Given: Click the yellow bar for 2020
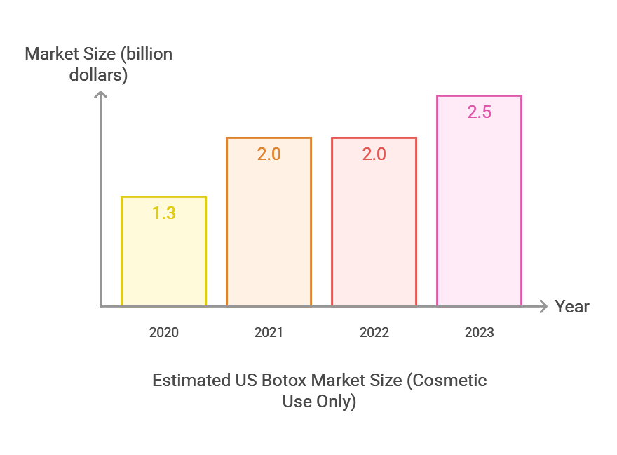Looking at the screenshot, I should pyautogui.click(x=163, y=260).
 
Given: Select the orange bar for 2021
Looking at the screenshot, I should pyautogui.click(x=269, y=232).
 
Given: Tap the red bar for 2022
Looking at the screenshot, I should pyautogui.click(x=374, y=232).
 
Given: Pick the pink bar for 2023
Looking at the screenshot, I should pyautogui.click(x=479, y=211).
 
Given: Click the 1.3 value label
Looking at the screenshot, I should pyautogui.click(x=163, y=213).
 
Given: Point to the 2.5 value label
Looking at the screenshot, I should pyautogui.click(x=479, y=112).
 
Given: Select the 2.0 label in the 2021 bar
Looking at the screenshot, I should pyautogui.click(x=269, y=154).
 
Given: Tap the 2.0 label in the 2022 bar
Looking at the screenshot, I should pyautogui.click(x=374, y=154).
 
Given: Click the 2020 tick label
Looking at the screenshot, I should pyautogui.click(x=163, y=332).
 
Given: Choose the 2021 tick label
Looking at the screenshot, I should pyautogui.click(x=269, y=332).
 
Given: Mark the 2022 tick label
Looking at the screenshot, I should pyautogui.click(x=374, y=332).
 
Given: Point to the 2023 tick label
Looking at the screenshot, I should pyautogui.click(x=479, y=332).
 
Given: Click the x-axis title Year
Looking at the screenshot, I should pyautogui.click(x=572, y=307).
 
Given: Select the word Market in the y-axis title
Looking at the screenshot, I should pyautogui.click(x=51, y=54).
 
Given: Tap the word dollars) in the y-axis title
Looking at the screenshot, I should pyautogui.click(x=98, y=75).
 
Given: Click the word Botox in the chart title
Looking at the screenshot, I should pyautogui.click(x=285, y=381).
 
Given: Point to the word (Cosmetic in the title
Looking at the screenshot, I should pyautogui.click(x=447, y=381).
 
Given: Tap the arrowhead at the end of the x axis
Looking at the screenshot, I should pyautogui.click(x=544, y=306).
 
